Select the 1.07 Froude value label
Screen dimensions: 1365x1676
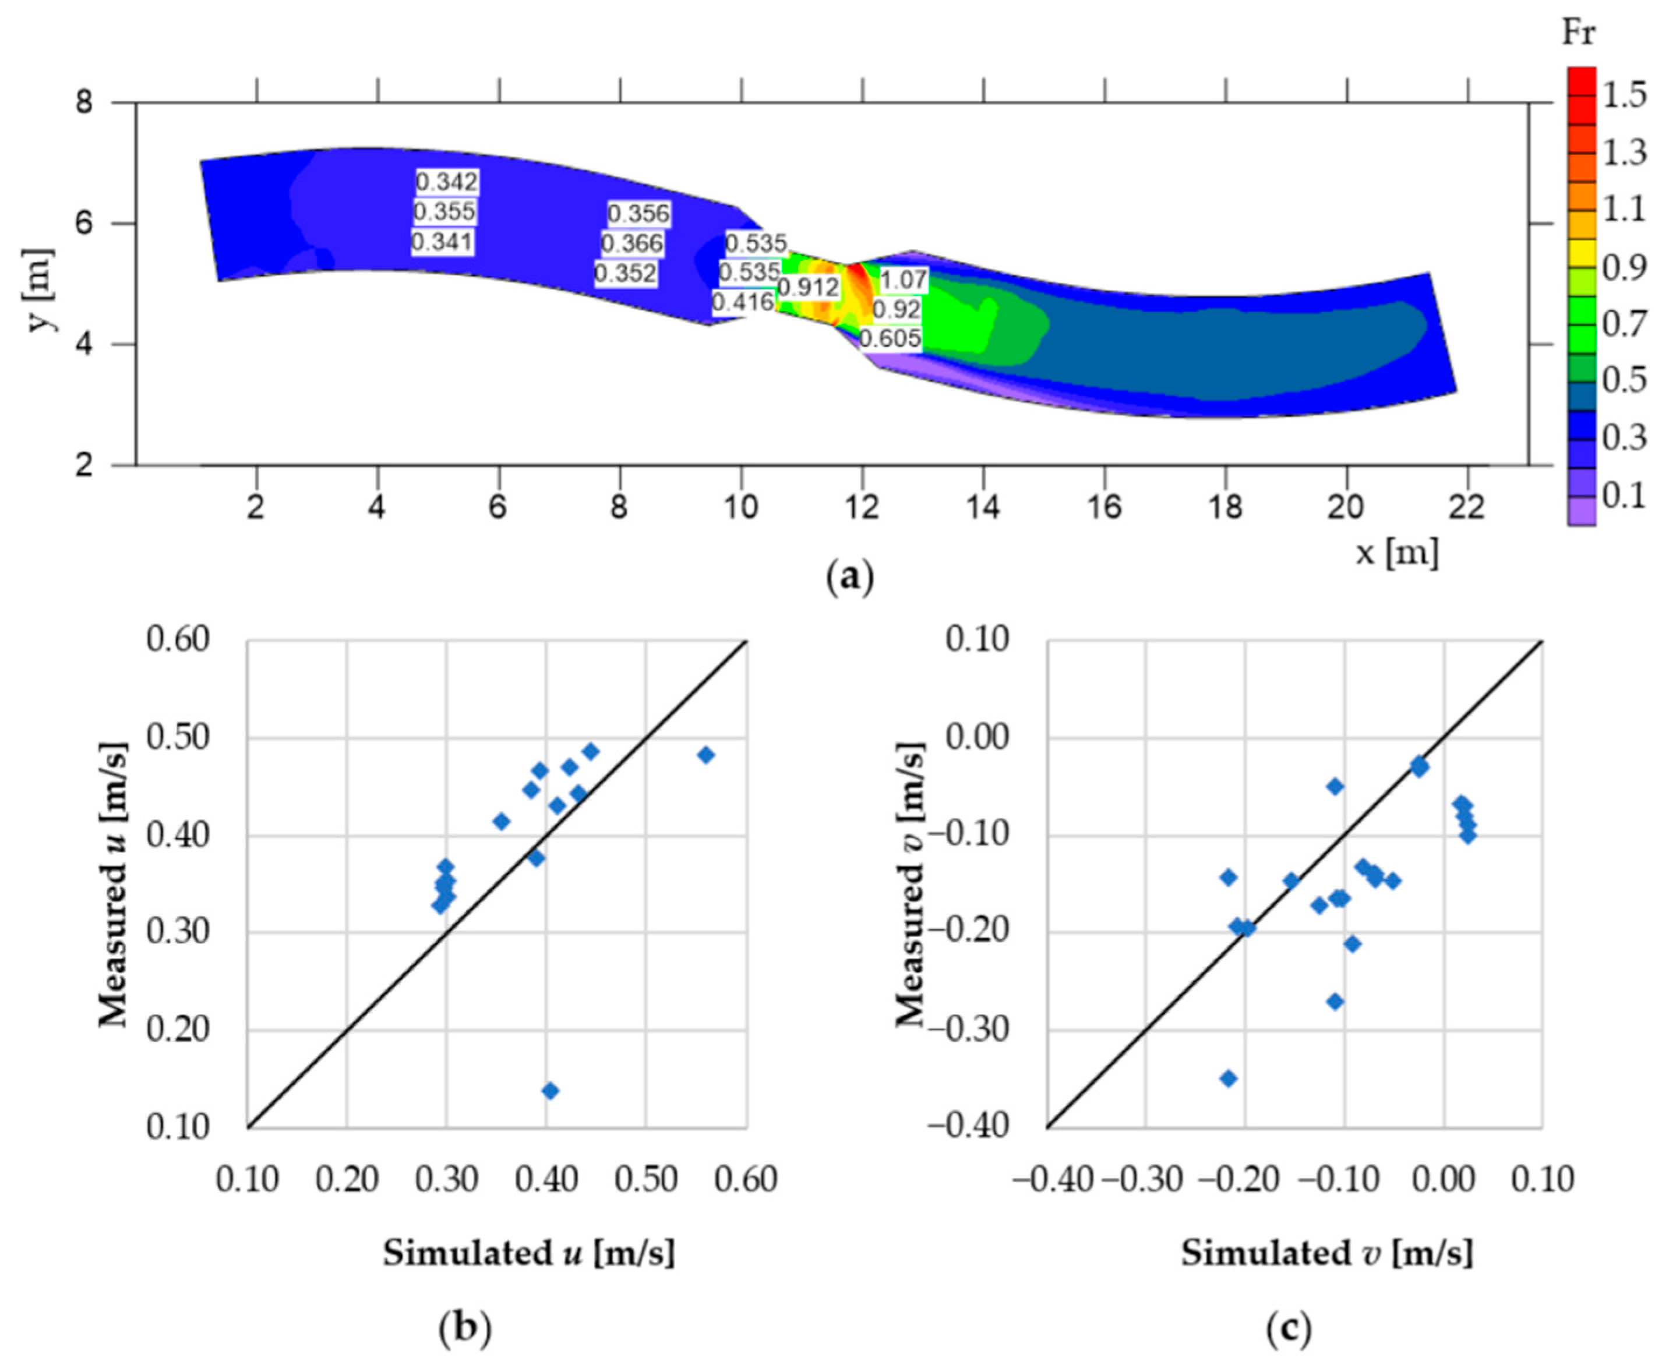[903, 280]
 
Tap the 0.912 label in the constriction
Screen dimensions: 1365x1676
[808, 288]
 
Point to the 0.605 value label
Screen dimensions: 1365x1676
[890, 339]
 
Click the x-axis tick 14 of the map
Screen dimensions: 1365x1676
[983, 508]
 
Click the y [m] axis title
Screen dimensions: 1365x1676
[41, 292]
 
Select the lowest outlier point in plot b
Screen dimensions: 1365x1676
[550, 1091]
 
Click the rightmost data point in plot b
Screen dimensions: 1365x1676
[705, 755]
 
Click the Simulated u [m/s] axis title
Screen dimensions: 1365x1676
[528, 1253]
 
